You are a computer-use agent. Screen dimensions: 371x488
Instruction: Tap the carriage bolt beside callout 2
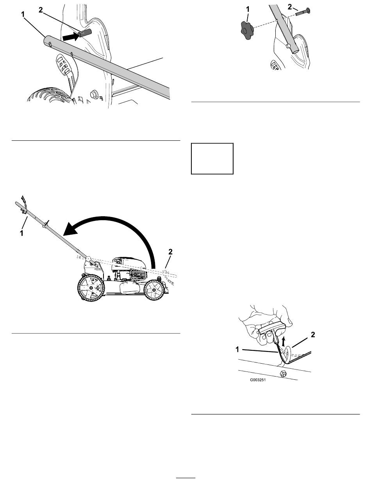(x=303, y=12)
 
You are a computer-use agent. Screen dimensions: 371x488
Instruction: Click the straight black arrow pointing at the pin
(x=71, y=36)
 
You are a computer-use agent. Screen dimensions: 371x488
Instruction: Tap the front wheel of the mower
(x=154, y=289)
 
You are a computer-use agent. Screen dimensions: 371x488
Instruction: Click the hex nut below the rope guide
(x=282, y=374)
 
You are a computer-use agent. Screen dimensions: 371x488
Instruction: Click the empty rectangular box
(x=212, y=158)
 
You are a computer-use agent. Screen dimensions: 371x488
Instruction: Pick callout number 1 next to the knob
(x=248, y=9)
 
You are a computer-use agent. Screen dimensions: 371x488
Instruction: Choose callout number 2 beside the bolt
(x=290, y=7)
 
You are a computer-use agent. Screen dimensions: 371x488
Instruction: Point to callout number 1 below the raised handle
(x=21, y=233)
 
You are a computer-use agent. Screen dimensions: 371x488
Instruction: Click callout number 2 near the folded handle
(x=170, y=252)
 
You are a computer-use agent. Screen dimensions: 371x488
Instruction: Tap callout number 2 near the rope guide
(x=313, y=335)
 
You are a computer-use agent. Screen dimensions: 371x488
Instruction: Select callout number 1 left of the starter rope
(x=237, y=350)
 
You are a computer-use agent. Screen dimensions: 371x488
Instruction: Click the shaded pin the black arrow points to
(x=84, y=33)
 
